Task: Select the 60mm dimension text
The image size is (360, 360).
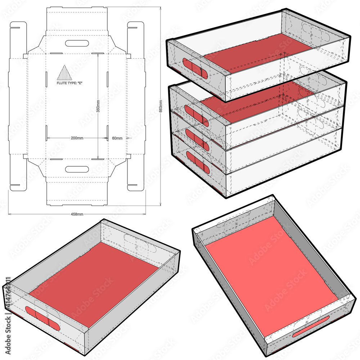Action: click(117, 138)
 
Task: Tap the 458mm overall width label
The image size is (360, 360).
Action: click(76, 214)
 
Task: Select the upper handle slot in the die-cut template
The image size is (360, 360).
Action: click(77, 43)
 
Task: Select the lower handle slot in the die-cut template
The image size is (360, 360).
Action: click(77, 169)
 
